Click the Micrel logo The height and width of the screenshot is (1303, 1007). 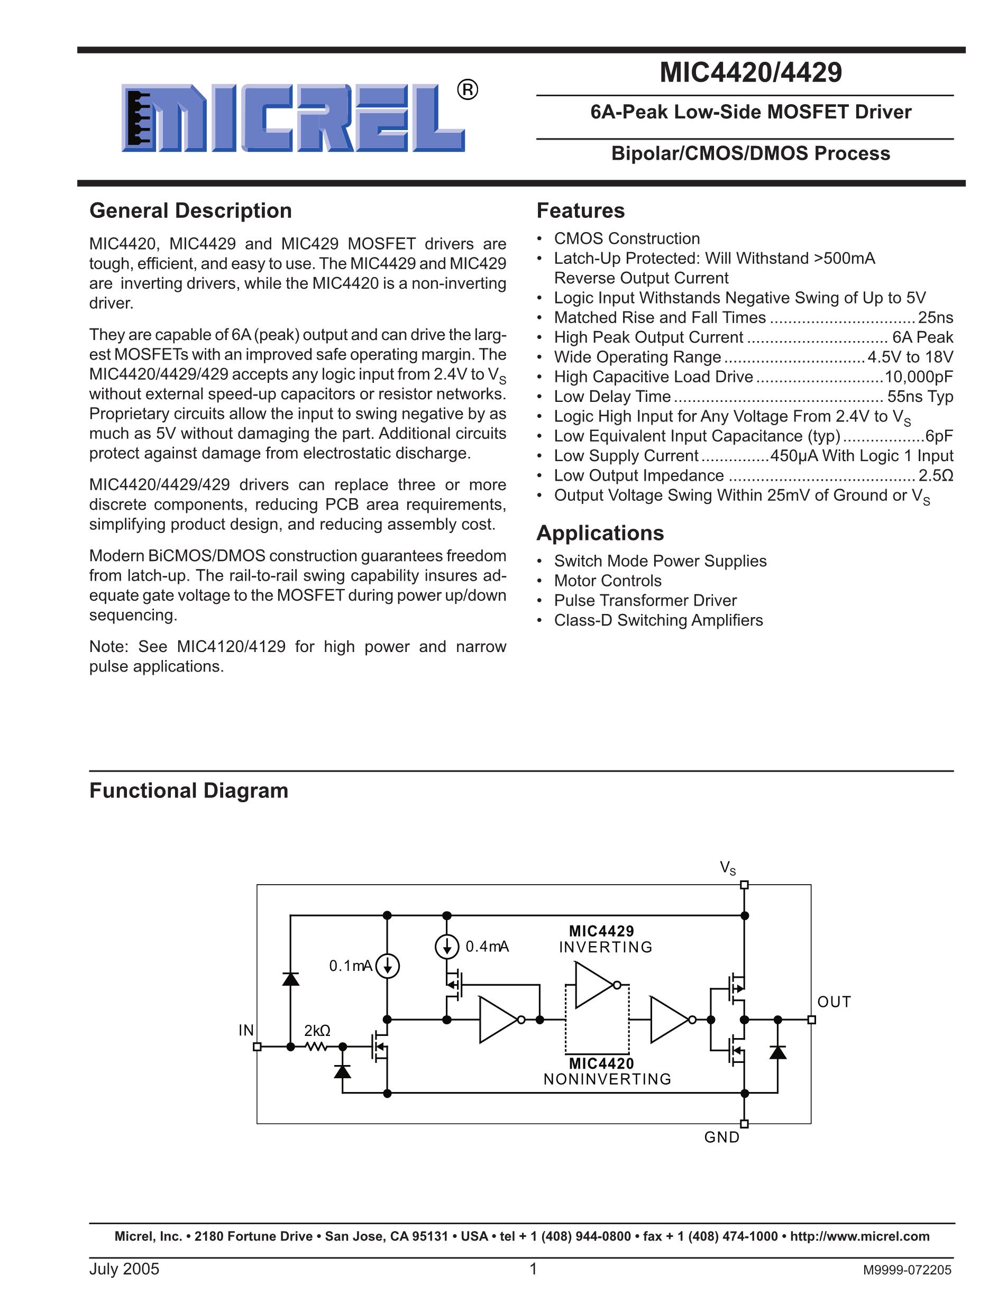click(292, 117)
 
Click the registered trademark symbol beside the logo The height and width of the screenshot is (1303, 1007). click(468, 90)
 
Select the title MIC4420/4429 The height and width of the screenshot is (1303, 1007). click(750, 73)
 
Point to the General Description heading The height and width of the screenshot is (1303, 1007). click(190, 210)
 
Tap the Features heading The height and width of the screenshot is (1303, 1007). click(581, 210)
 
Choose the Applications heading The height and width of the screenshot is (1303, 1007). click(600, 533)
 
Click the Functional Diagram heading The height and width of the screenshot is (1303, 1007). click(188, 791)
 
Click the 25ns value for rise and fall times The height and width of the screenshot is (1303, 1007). click(936, 317)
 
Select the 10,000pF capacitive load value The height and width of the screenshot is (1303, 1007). click(919, 377)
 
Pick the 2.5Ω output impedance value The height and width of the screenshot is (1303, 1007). click(936, 475)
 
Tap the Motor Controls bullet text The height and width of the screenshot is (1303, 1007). click(607, 581)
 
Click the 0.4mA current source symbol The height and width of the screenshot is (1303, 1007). click(447, 946)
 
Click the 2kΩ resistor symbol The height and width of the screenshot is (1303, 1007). click(316, 1047)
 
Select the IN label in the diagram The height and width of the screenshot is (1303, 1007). click(246, 1030)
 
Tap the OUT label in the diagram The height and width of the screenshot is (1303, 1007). click(834, 1002)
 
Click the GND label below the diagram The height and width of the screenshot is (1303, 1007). click(722, 1137)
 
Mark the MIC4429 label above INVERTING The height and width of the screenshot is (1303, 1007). click(601, 931)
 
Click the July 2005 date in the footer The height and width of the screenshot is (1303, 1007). click(124, 1269)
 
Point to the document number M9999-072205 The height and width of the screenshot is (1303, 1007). click(907, 1270)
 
